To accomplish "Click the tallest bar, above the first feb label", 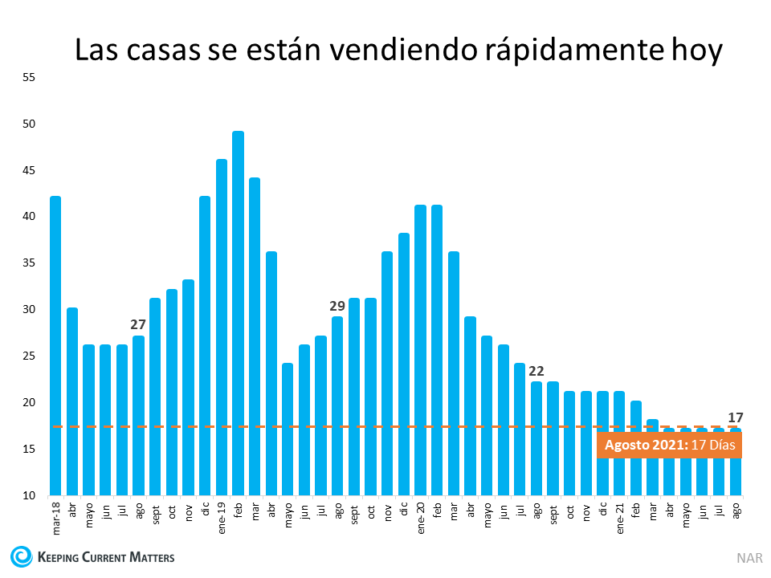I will coord(238,313).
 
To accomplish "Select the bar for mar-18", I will coord(55,345).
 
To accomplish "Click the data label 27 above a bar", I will coord(138,324).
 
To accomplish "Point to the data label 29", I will coord(337,306).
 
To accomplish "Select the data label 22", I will coord(536,371).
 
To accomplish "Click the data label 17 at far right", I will coord(735,417).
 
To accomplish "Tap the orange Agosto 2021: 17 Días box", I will coord(668,445).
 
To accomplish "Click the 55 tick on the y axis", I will coord(30,78).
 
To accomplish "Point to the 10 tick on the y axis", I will coord(30,495).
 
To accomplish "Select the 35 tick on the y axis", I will coord(30,263).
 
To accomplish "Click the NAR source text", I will coord(747,557).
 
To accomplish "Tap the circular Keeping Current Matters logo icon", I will coord(22,556).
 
